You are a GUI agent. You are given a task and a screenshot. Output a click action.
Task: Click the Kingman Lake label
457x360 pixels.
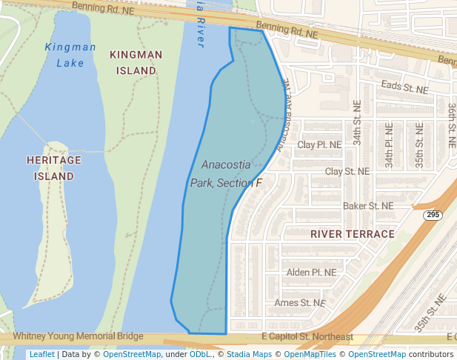[70, 55]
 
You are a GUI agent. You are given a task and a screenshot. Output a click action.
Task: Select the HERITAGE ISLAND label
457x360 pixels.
[53, 168]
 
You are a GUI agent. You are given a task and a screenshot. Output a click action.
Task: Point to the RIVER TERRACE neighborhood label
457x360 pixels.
[353, 234]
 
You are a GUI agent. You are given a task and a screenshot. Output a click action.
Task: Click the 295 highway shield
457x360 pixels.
[433, 215]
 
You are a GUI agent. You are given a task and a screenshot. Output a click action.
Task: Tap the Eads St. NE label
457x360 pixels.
[404, 87]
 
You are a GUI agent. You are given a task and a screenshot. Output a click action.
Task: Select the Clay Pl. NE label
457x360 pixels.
[319, 144]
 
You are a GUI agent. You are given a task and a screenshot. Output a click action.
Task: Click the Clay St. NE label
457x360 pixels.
[347, 171]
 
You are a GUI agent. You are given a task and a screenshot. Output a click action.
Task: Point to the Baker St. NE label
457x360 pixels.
[368, 205]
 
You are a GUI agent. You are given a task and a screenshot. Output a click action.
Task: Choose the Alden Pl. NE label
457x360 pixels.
[311, 272]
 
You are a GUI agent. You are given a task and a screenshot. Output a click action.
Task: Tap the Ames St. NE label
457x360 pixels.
[299, 302]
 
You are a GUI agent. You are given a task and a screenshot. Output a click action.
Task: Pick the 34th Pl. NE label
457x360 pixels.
[389, 142]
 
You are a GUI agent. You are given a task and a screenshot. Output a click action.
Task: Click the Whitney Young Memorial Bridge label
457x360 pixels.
[78, 336]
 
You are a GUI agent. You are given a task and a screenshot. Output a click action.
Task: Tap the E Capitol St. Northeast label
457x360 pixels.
[307, 337]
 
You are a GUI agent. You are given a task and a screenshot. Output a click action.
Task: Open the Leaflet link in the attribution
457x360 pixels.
[41, 354]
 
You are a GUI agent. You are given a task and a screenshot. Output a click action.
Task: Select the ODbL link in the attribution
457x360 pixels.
[200, 354]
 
